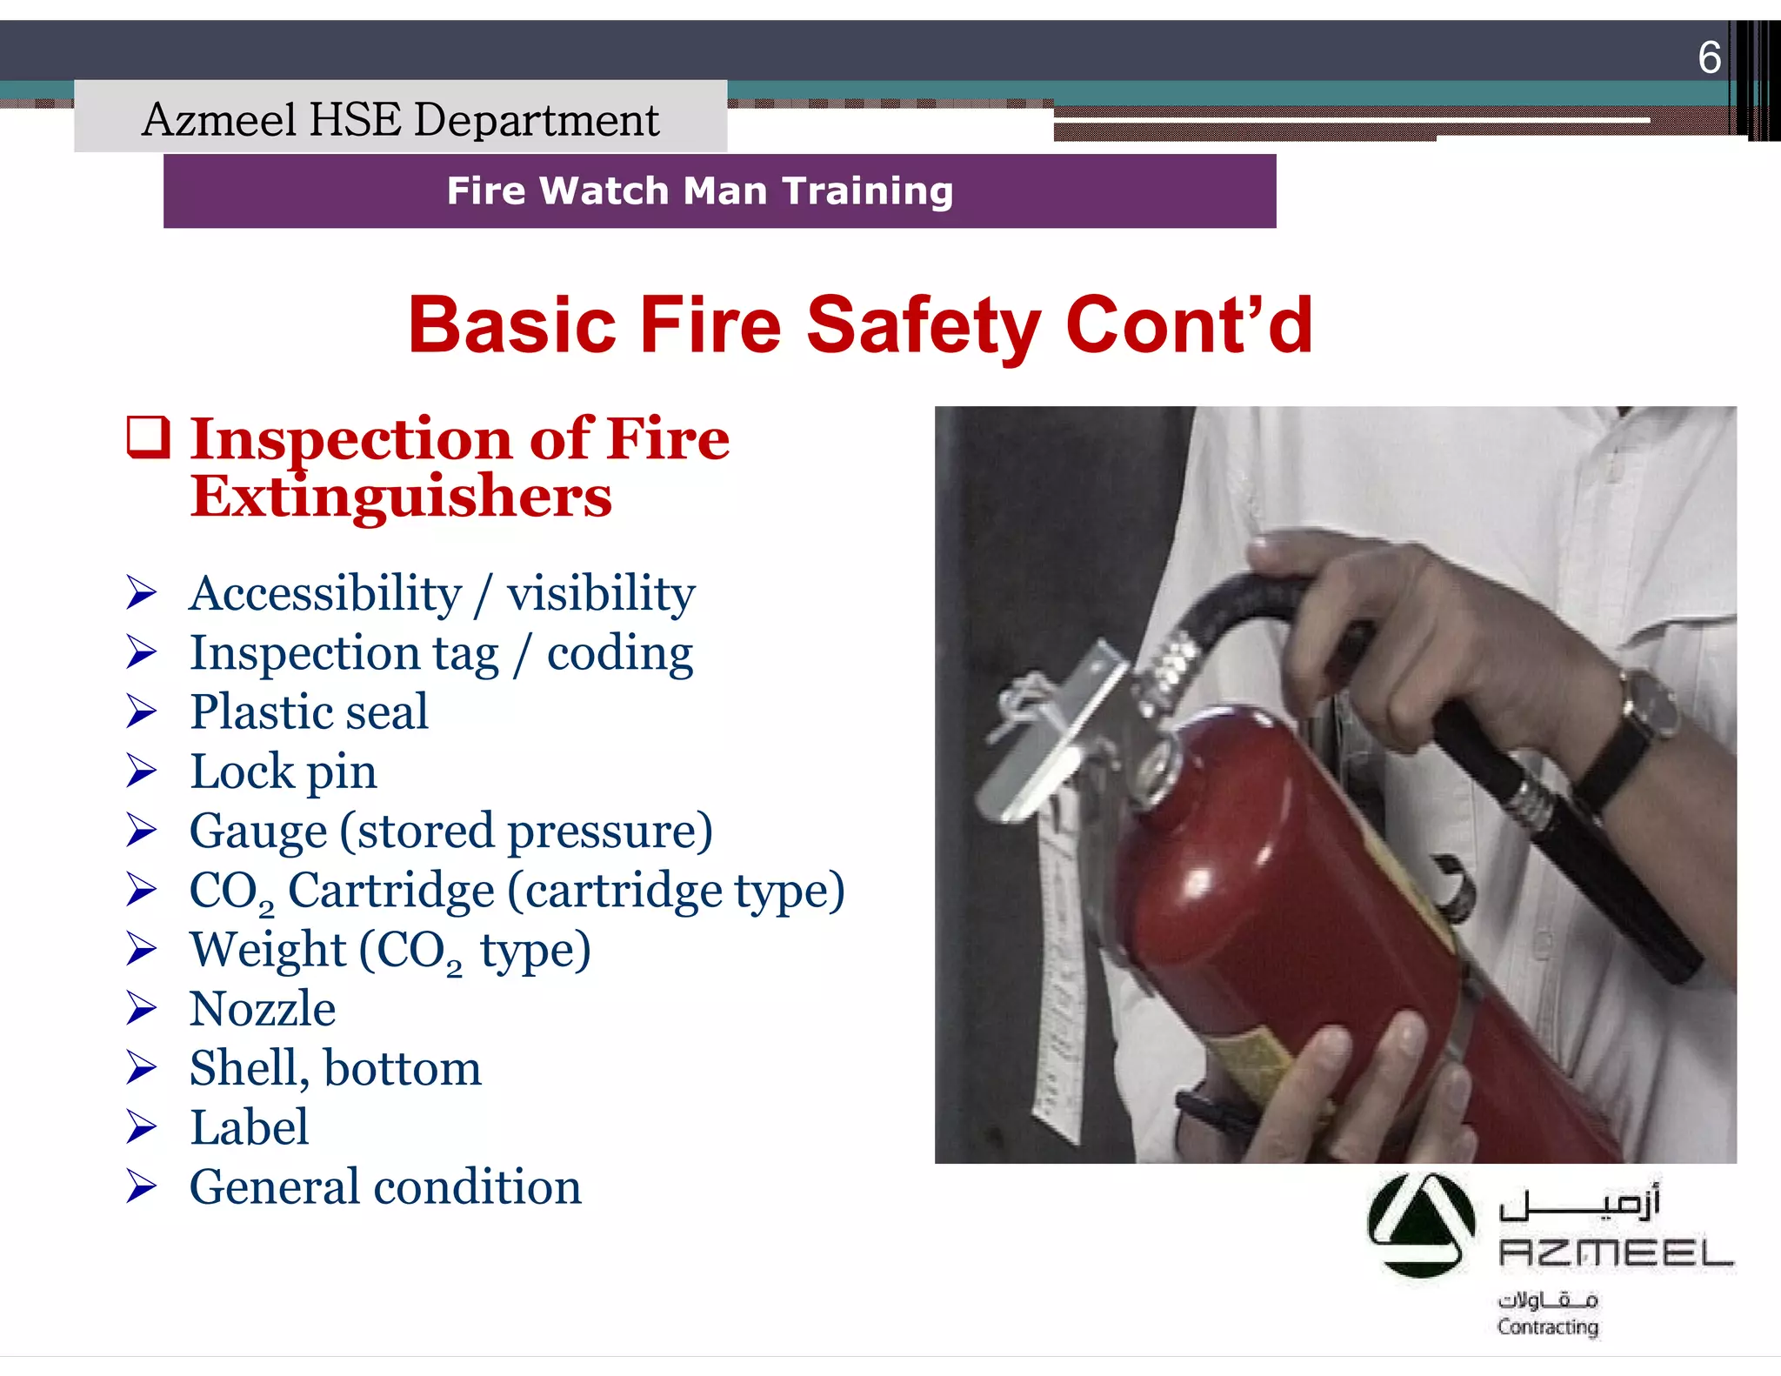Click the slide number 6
1709,58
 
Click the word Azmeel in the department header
218,119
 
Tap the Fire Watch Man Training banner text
700,190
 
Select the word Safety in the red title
923,324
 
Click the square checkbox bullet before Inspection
149,438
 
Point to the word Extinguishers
401,497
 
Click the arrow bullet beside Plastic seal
141,711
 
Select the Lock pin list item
283,771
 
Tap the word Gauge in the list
258,831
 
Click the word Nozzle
263,1009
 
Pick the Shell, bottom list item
335,1068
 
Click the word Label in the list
250,1127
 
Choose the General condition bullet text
385,1187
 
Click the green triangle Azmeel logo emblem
1420,1225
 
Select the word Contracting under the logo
1548,1327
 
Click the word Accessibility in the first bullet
325,593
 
